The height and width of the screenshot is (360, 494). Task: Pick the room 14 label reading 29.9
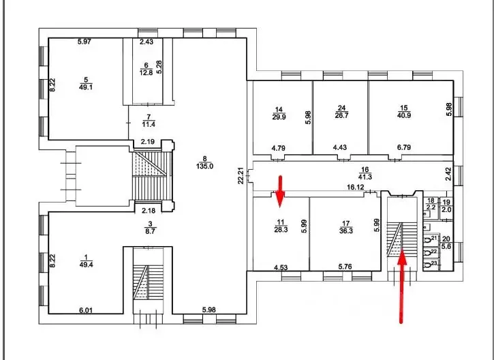(278, 112)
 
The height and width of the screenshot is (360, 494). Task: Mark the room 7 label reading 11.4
(149, 120)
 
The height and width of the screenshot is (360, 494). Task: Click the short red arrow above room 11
(279, 189)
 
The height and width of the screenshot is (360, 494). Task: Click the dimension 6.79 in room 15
(405, 147)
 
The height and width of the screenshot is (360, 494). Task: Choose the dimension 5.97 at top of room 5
(84, 42)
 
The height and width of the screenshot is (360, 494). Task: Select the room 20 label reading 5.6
(447, 243)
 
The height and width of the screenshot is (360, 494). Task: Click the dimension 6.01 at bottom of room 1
(85, 310)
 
